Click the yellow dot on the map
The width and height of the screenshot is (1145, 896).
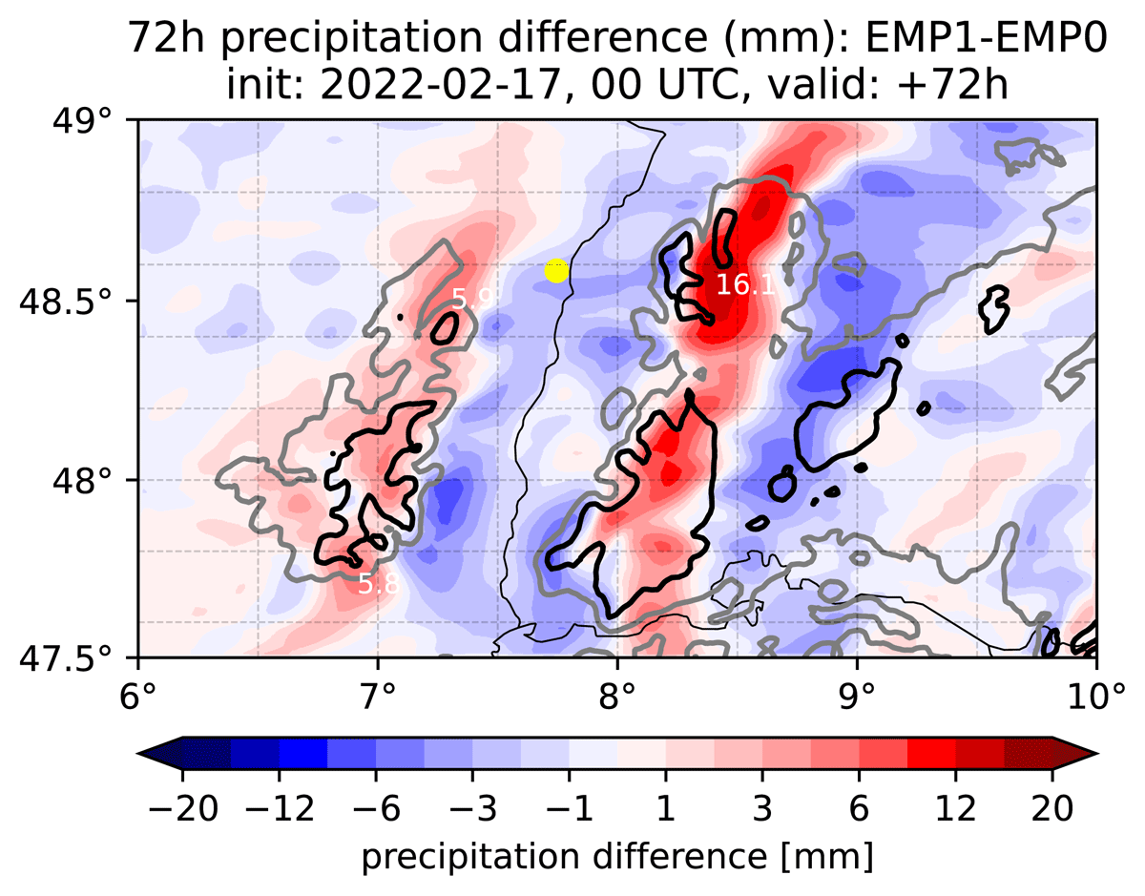click(556, 271)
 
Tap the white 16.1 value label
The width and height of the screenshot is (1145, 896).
click(745, 285)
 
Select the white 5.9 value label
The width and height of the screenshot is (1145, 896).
click(472, 299)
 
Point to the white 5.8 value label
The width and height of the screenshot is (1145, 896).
click(379, 584)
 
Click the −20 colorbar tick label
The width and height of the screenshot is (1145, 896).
click(183, 808)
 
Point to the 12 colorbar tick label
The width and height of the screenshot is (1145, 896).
click(956, 808)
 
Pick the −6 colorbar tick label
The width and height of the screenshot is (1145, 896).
click(376, 808)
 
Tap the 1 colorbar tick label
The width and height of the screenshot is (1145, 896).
click(666, 808)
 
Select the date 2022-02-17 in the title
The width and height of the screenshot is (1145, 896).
click(440, 85)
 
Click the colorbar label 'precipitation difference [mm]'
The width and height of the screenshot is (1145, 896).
click(617, 858)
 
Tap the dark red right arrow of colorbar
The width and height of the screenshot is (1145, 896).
click(1075, 754)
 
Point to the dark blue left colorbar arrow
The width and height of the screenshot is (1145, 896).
click(159, 754)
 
